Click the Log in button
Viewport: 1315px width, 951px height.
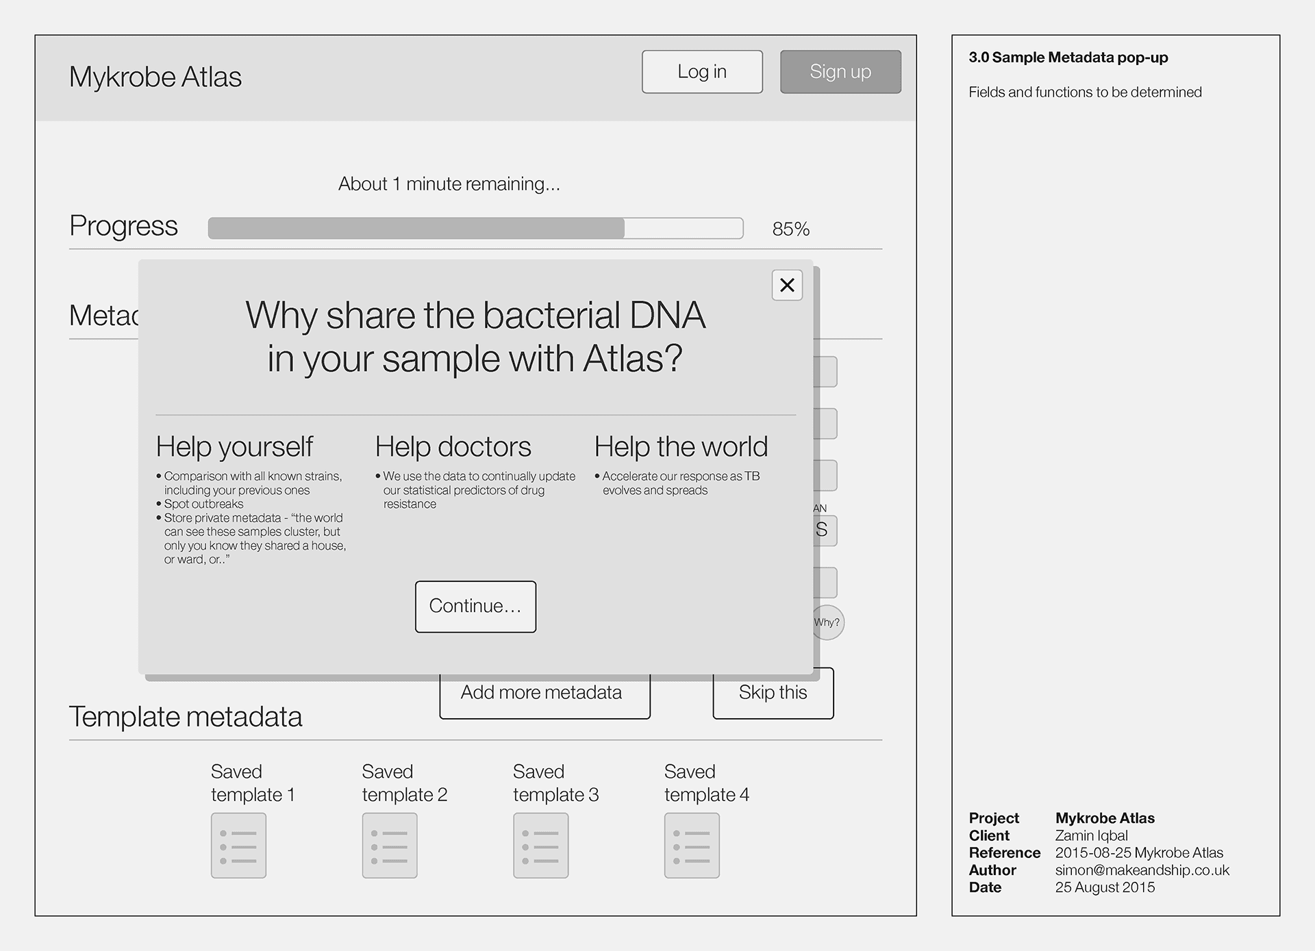pyautogui.click(x=702, y=72)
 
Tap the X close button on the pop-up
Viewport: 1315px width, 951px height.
pyautogui.click(x=787, y=285)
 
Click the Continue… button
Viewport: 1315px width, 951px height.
pyautogui.click(x=475, y=607)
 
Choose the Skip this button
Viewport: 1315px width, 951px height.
pyautogui.click(x=773, y=694)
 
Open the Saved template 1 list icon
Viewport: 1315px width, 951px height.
pyautogui.click(x=238, y=846)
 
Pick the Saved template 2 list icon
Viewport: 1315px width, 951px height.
pyautogui.click(x=390, y=846)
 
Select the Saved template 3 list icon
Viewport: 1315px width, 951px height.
pyautogui.click(x=541, y=846)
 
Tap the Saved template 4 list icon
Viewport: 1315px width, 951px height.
pyautogui.click(x=692, y=846)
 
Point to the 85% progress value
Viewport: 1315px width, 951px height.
pyautogui.click(x=791, y=229)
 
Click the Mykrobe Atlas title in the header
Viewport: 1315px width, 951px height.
pyautogui.click(x=155, y=77)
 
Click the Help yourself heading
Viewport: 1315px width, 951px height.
pyautogui.click(x=234, y=447)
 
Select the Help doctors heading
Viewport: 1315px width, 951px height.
pyautogui.click(x=453, y=447)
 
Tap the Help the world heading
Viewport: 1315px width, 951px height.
pyautogui.click(x=681, y=447)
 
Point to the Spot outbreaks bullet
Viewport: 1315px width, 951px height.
pyautogui.click(x=203, y=504)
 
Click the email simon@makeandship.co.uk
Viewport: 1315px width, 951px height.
pyautogui.click(x=1142, y=870)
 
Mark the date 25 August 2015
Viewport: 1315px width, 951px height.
pyautogui.click(x=1105, y=887)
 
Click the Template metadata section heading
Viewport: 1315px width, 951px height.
pyautogui.click(x=186, y=717)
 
